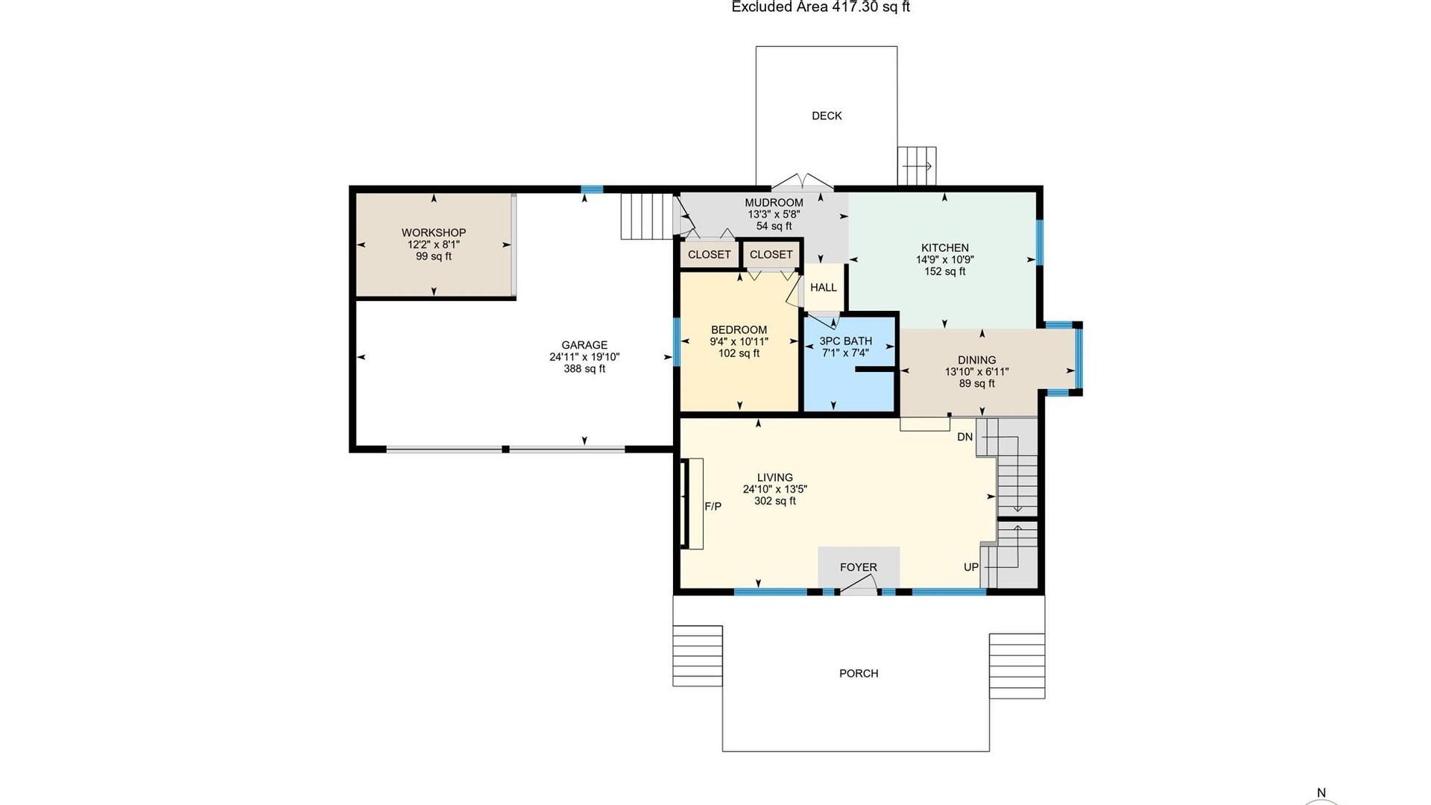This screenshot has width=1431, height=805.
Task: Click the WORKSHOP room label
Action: click(x=434, y=233)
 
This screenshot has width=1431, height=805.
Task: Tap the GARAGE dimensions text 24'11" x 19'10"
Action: click(x=584, y=357)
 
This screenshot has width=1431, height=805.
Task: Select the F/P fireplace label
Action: click(x=713, y=506)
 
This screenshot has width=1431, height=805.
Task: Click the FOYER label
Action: click(x=859, y=567)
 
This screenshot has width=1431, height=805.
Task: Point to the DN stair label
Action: click(x=965, y=437)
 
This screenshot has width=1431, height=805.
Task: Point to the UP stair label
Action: click(x=971, y=567)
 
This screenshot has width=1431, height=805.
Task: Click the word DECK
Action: click(x=827, y=116)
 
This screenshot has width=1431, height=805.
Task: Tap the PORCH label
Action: click(x=859, y=673)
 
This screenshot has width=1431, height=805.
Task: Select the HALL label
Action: click(x=824, y=288)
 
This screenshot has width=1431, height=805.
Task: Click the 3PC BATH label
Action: click(x=846, y=341)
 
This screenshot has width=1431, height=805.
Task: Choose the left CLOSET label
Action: click(x=710, y=255)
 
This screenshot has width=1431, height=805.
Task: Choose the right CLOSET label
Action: click(x=771, y=255)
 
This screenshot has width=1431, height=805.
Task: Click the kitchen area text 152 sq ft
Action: click(x=945, y=271)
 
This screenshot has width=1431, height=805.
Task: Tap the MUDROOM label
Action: click(x=774, y=203)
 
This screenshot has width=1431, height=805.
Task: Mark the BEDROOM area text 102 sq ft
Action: click(x=739, y=353)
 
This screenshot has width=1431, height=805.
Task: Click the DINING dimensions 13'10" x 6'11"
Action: click(x=977, y=372)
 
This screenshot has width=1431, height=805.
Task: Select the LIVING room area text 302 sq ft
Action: click(x=775, y=501)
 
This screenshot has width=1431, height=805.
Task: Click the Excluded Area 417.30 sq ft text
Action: click(x=821, y=7)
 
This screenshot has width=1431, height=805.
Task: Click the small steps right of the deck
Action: click(x=917, y=165)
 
